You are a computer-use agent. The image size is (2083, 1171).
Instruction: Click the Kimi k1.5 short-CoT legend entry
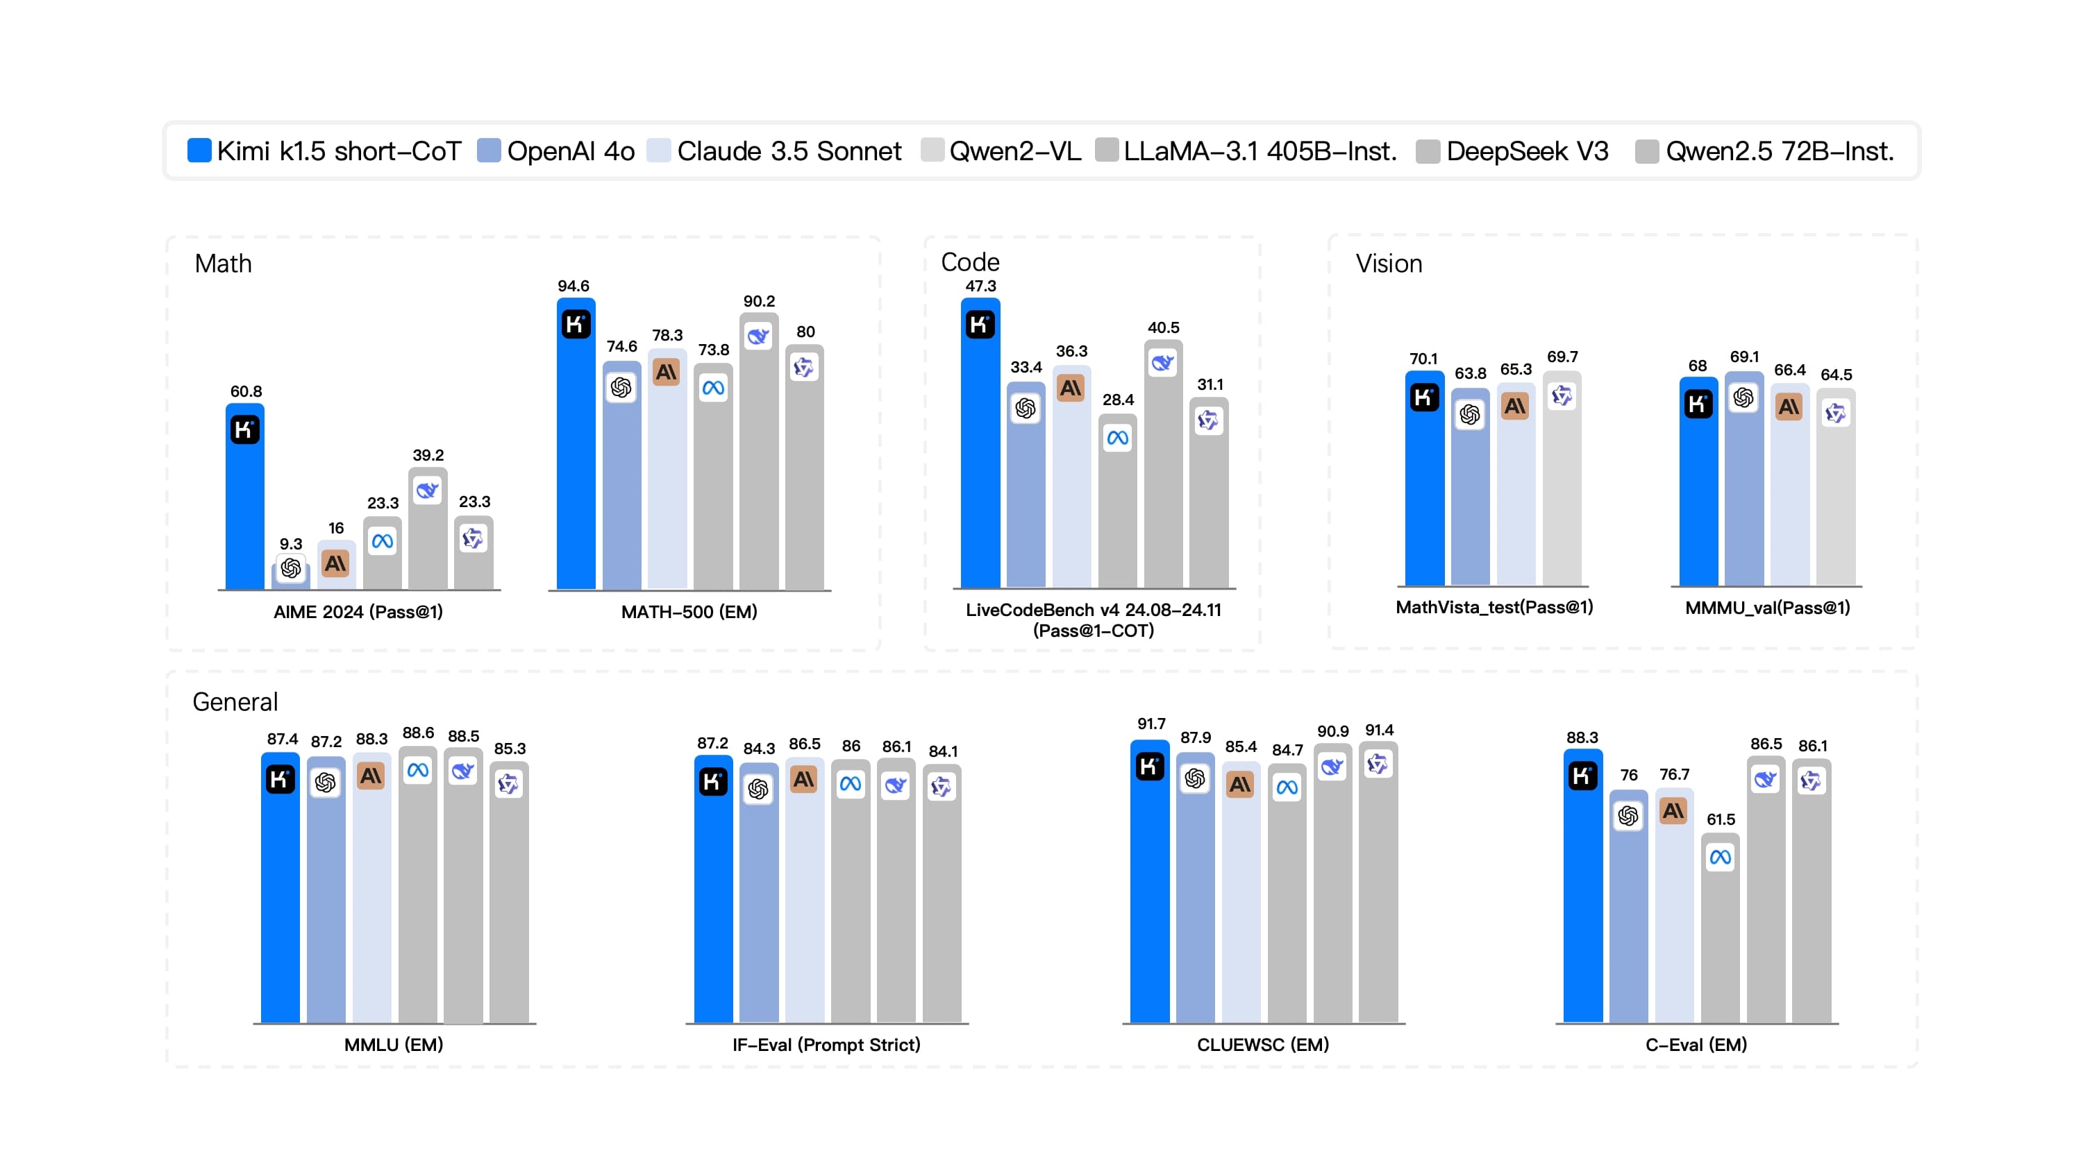click(x=324, y=151)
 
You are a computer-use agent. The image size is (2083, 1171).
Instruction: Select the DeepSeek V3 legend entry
click(x=1512, y=151)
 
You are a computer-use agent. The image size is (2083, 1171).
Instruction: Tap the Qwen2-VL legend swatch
click(x=932, y=151)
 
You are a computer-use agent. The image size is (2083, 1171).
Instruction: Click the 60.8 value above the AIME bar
click(x=246, y=391)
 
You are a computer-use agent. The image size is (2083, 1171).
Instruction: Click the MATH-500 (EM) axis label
click(x=689, y=612)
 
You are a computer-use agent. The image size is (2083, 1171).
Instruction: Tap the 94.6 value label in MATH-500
click(x=574, y=286)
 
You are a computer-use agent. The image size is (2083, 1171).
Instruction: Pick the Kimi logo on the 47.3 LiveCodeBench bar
click(x=979, y=325)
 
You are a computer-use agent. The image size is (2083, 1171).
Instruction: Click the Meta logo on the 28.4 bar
click(x=1117, y=438)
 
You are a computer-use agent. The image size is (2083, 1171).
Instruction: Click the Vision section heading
click(x=1389, y=264)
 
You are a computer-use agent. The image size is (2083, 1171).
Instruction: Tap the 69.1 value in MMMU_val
click(x=1744, y=357)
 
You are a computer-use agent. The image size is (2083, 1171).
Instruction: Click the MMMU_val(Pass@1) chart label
click(x=1767, y=608)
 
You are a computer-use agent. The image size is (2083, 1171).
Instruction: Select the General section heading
click(x=235, y=701)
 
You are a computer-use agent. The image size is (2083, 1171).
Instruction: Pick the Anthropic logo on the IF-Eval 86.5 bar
click(x=804, y=780)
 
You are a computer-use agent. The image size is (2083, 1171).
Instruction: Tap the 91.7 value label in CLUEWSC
click(x=1151, y=724)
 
